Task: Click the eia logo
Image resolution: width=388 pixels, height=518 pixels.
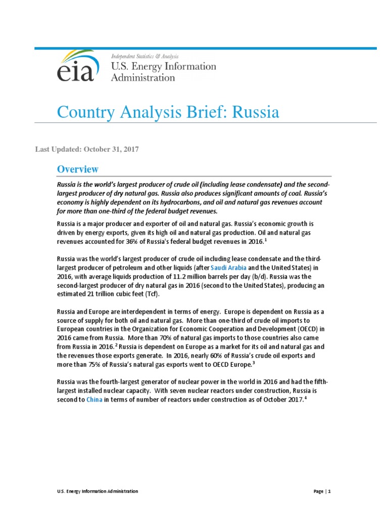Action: click(x=75, y=66)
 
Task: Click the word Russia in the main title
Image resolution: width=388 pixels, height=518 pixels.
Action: click(x=255, y=112)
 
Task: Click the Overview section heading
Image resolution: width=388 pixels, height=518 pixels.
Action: click(x=77, y=169)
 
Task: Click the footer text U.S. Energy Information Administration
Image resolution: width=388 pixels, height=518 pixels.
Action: click(x=96, y=491)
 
